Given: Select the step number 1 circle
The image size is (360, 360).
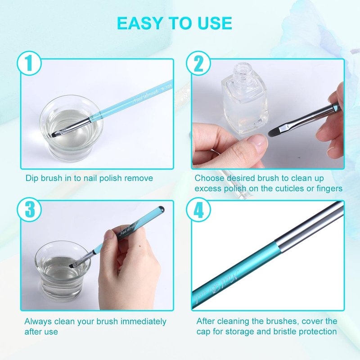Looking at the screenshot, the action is pyautogui.click(x=29, y=63).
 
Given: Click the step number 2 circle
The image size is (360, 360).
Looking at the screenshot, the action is pyautogui.click(x=198, y=63).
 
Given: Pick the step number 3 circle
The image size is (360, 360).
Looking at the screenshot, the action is pyautogui.click(x=29, y=209).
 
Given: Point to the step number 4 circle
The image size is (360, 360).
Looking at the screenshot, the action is pyautogui.click(x=198, y=209).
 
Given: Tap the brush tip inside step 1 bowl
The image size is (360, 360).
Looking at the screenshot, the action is pyautogui.click(x=55, y=135).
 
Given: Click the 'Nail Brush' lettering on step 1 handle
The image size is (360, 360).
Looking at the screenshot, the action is pyautogui.click(x=145, y=96).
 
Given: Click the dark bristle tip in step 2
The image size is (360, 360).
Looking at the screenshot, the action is pyautogui.click(x=274, y=131).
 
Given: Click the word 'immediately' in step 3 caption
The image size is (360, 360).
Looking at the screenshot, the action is pyautogui.click(x=143, y=322).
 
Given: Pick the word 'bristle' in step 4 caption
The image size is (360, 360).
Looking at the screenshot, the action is pyautogui.click(x=284, y=332).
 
